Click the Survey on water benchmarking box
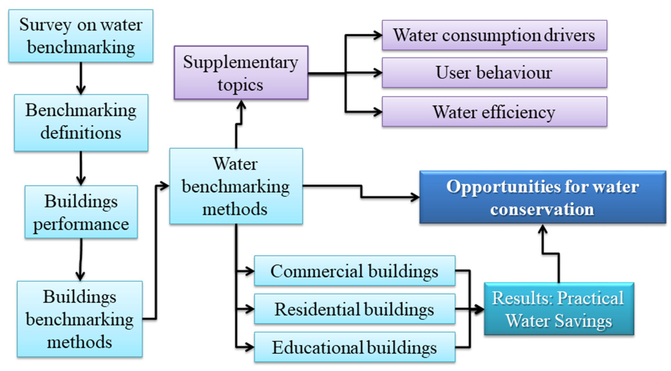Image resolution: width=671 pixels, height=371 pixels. click(81, 36)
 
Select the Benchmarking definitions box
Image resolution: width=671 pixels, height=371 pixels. click(81, 123)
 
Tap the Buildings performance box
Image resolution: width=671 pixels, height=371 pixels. click(81, 212)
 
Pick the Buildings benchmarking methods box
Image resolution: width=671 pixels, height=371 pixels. click(80, 319)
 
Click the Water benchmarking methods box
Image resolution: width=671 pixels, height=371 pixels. click(236, 186)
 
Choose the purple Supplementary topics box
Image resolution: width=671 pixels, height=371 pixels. click(241, 73)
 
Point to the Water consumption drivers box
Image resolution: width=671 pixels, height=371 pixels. click(494, 35)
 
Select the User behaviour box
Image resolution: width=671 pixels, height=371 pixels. click(494, 73)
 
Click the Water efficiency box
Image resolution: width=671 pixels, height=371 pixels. click(494, 112)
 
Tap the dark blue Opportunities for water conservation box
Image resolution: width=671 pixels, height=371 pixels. click(542, 197)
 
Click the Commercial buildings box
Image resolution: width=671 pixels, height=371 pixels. click(355, 271)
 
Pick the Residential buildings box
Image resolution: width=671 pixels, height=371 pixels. click(355, 309)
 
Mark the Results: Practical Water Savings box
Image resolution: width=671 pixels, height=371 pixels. click(559, 309)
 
